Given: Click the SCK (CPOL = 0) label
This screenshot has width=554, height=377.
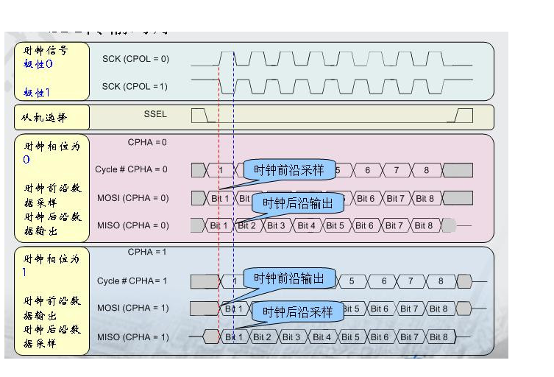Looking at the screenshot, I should point(135,59).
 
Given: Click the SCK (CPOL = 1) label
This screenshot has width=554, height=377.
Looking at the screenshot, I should point(135,87).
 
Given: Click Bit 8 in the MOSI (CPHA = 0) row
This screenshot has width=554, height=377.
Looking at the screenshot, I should point(425,198).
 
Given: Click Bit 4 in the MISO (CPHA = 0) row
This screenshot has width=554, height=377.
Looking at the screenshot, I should point(307,225).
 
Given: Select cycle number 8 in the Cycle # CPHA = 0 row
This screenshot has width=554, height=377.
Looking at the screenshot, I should point(425,171).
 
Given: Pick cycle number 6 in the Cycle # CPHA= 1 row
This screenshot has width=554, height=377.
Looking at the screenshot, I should point(383,281).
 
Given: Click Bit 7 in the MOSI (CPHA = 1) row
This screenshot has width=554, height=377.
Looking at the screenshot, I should point(409,309).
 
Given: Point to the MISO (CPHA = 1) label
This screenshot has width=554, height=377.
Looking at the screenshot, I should point(132,337).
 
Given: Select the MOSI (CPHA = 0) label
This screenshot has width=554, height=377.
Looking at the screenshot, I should point(132,198).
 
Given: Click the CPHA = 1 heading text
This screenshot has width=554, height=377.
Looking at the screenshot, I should point(147,252).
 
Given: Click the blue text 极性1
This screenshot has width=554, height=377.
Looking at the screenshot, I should point(37,93).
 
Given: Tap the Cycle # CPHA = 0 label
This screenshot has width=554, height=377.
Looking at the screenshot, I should point(131,169).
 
